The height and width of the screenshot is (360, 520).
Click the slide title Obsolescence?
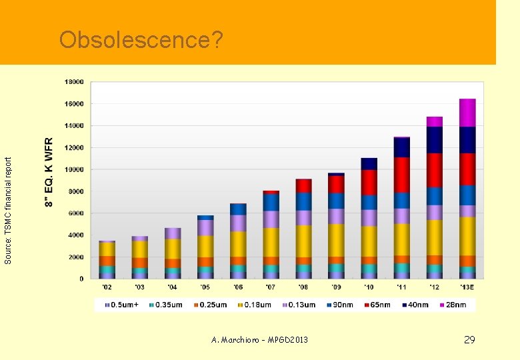coord(141,41)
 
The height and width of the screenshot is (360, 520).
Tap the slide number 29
coord(469,340)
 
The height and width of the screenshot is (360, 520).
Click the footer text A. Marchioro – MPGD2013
coord(259,340)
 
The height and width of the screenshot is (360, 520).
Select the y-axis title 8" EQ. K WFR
coord(49,172)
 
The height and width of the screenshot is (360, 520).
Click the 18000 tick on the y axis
coord(73,82)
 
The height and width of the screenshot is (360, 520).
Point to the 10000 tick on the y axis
coord(73,169)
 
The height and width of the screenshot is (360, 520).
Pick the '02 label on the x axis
coord(107,287)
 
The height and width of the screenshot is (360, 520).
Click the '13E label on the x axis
coord(467,287)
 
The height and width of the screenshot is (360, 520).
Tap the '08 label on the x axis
coord(303,287)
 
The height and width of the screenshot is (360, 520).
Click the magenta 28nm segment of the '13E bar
coord(467,113)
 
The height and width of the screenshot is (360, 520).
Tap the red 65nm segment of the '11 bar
coord(401,175)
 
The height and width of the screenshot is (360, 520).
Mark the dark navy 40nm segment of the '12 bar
coord(435,139)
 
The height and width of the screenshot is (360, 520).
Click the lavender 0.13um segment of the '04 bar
coord(173,233)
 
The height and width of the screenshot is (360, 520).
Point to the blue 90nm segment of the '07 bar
coord(271,202)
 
